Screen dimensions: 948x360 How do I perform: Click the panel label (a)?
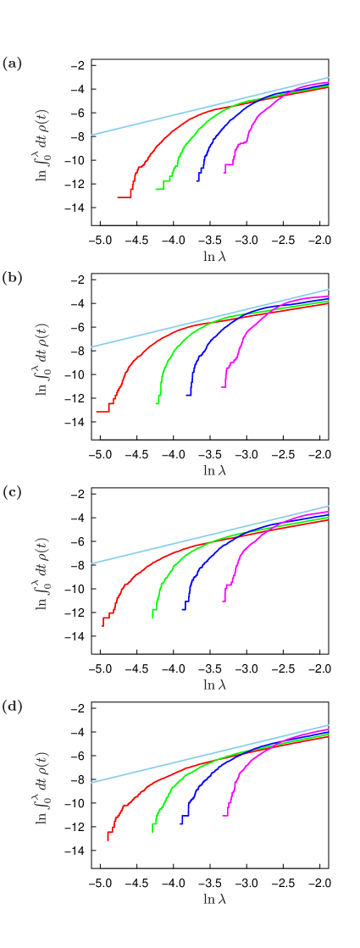[12, 64]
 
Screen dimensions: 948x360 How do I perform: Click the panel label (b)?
[12, 278]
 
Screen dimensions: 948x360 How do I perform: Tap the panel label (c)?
[12, 492]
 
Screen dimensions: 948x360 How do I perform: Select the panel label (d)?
[12, 707]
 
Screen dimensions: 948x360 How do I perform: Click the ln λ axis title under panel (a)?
[214, 257]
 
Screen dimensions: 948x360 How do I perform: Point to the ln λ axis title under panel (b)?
[214, 470]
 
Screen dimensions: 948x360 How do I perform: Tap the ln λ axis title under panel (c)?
[214, 685]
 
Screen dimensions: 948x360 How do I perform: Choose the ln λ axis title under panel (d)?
[214, 899]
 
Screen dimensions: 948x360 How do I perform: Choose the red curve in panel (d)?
[127, 801]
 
